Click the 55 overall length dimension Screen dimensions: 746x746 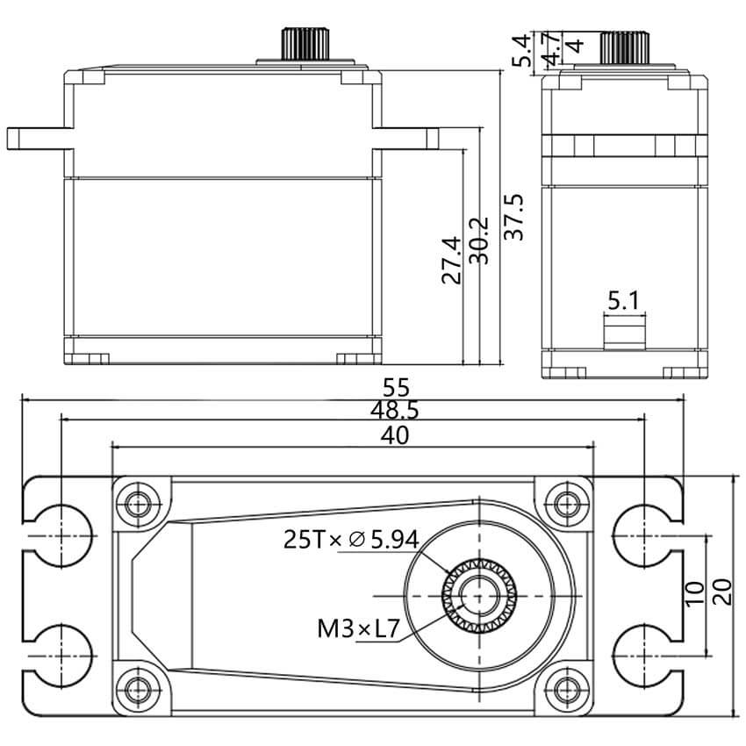396,388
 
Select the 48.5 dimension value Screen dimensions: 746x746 395,411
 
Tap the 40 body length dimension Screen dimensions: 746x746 395,435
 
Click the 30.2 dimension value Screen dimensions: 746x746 479,240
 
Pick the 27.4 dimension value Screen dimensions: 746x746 451,261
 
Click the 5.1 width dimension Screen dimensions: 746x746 624,301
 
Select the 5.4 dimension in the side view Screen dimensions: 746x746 521,50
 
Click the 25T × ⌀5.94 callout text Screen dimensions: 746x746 351,540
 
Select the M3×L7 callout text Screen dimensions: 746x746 358,629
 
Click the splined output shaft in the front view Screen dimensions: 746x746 306,44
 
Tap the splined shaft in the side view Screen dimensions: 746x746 625,47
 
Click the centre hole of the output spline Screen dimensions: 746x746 479,596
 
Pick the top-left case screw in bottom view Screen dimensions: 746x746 139,505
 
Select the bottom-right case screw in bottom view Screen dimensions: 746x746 565,687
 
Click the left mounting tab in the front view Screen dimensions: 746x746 40,139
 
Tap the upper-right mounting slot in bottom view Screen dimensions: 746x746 648,535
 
